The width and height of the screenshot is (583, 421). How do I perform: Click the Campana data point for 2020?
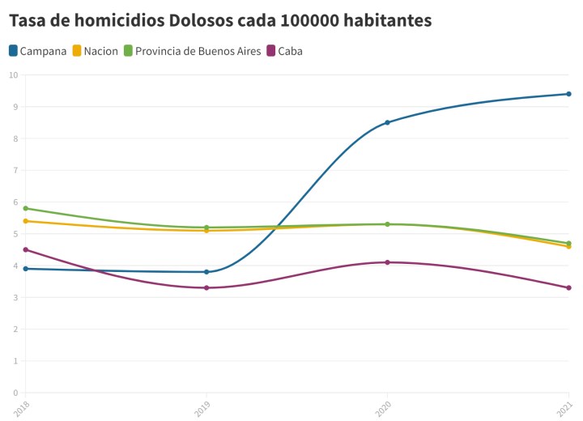(x=388, y=122)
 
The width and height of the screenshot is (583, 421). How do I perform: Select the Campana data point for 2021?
(x=569, y=94)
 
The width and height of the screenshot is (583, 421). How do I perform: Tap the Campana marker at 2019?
(x=206, y=272)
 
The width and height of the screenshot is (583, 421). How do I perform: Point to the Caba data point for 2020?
(x=388, y=262)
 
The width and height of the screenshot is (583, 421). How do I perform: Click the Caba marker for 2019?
(x=206, y=287)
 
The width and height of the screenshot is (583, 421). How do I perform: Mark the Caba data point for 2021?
(x=569, y=287)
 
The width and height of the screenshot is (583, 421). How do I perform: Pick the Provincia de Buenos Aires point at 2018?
(x=26, y=208)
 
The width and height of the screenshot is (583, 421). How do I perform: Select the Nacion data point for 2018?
(x=26, y=221)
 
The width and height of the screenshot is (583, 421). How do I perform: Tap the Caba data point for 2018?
(x=26, y=249)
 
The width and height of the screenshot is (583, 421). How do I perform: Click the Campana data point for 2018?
(x=26, y=269)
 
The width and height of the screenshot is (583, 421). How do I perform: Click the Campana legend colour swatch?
(x=14, y=51)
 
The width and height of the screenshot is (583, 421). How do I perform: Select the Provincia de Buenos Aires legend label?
(x=198, y=51)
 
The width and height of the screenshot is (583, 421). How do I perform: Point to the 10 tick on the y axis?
(x=13, y=74)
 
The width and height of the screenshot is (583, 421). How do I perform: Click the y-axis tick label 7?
(x=15, y=170)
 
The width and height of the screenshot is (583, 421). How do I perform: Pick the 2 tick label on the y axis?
(x=15, y=330)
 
